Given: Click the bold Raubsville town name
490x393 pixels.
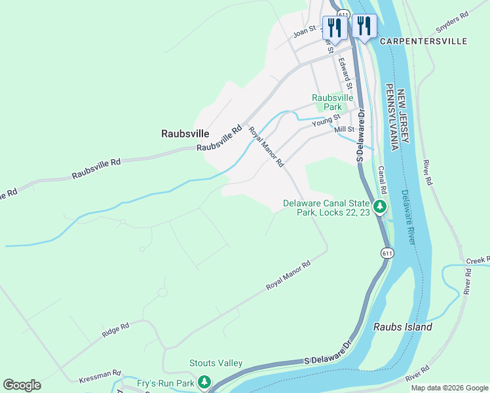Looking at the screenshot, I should point(185,134).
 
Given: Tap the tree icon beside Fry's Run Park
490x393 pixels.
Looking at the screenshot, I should point(204,382).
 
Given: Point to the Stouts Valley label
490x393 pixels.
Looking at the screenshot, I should point(216,363).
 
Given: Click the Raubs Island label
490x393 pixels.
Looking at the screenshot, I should point(402,327).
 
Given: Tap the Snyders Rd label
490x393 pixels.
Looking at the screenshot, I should point(453,23).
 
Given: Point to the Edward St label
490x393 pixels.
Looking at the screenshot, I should point(345,75).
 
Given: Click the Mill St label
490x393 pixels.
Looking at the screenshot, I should point(343,130).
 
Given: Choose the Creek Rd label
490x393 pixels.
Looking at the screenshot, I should point(478,261).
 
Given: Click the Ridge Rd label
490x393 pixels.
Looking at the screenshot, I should point(115,329).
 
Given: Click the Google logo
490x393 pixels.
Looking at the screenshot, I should point(22,385).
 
